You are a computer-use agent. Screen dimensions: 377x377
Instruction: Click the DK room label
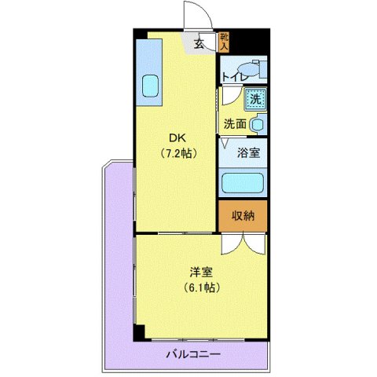click(173, 135)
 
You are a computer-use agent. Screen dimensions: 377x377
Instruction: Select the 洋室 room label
click(201, 273)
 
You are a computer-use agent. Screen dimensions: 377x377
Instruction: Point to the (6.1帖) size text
click(201, 287)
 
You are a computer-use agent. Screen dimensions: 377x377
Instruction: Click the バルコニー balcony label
click(192, 354)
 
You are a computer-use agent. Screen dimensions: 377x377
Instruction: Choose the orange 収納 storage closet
click(243, 215)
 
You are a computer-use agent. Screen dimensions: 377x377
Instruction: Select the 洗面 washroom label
click(234, 123)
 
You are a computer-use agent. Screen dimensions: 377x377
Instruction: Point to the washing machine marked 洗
click(254, 99)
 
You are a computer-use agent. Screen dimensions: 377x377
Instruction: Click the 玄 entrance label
click(200, 44)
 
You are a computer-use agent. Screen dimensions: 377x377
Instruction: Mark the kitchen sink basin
click(149, 85)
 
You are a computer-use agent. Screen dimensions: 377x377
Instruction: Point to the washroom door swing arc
click(229, 97)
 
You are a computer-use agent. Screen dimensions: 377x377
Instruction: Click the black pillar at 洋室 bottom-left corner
click(139, 332)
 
